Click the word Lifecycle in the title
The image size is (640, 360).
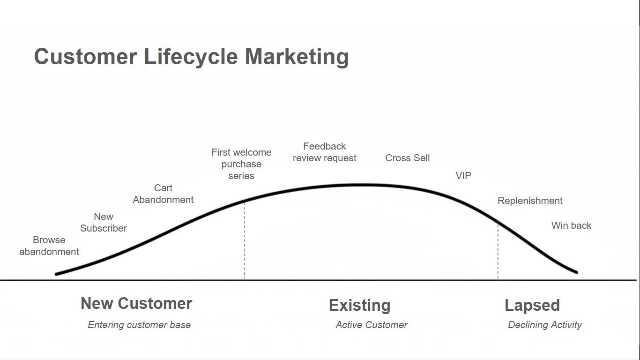pyautogui.click(x=191, y=57)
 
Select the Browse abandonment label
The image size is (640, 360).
pyautogui.click(x=49, y=246)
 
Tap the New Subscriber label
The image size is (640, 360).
pyautogui.click(x=104, y=222)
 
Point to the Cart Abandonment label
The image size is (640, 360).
pyautogui.click(x=163, y=194)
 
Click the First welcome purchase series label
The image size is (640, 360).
pyautogui.click(x=241, y=164)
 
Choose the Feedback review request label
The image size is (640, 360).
pyautogui.click(x=325, y=152)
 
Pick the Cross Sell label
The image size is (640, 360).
pyautogui.click(x=408, y=158)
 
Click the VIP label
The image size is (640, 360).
pyautogui.click(x=463, y=176)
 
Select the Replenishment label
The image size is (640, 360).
pyautogui.click(x=530, y=201)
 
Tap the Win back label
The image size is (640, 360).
pyautogui.click(x=571, y=225)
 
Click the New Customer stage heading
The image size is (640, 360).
pyautogui.click(x=136, y=303)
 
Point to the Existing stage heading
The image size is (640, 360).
pyautogui.click(x=359, y=306)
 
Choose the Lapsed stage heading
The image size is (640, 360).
pyautogui.click(x=532, y=306)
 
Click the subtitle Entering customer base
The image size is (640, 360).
pyautogui.click(x=139, y=325)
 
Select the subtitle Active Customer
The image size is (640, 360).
pyautogui.click(x=372, y=325)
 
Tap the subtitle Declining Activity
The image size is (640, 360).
pyautogui.click(x=545, y=325)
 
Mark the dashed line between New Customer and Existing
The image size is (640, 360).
pyautogui.click(x=245, y=240)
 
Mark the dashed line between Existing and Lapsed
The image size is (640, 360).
pyautogui.click(x=498, y=250)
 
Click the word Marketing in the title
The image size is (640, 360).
pyautogui.click(x=297, y=57)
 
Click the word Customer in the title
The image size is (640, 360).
pyautogui.click(x=85, y=57)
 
